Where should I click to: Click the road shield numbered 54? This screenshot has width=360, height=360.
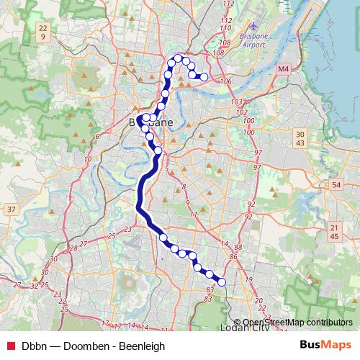[336, 185]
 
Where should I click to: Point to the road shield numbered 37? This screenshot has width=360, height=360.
[11, 210]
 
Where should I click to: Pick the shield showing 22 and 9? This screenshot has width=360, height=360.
[43, 32]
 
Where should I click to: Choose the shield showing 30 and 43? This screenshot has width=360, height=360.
[301, 139]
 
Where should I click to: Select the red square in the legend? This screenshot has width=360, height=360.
[11, 346]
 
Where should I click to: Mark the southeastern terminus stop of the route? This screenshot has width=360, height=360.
[222, 282]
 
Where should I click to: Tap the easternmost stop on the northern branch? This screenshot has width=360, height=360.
[204, 76]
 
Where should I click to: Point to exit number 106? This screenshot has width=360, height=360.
[227, 81]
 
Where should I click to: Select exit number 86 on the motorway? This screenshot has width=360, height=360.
[233, 256]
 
